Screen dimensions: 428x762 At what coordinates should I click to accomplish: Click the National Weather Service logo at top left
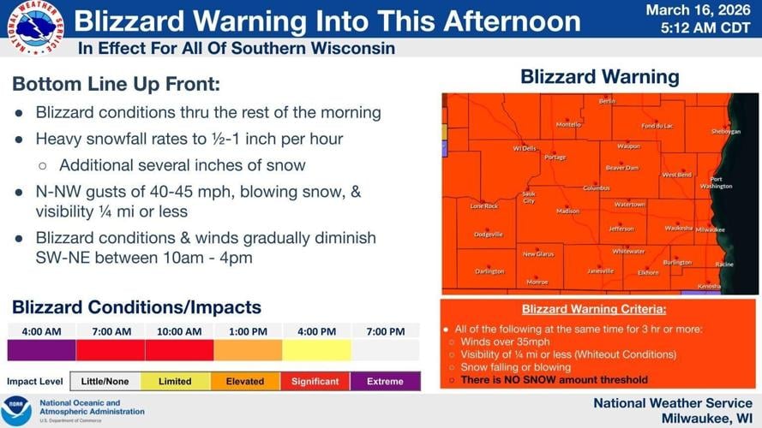click(x=34, y=29)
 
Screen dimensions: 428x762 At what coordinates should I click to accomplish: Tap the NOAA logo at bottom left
click(x=16, y=410)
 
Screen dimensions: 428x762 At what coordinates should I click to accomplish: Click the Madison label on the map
click(x=567, y=211)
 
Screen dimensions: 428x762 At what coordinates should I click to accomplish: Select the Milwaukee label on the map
click(x=710, y=229)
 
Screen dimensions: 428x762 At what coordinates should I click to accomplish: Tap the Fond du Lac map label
click(x=657, y=126)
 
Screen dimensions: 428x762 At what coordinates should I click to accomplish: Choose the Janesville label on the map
click(x=600, y=270)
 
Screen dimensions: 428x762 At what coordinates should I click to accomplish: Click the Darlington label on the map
click(x=489, y=271)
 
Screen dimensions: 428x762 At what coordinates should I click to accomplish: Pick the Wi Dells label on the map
click(x=525, y=148)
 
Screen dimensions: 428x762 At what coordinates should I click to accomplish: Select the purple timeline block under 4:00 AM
click(x=41, y=350)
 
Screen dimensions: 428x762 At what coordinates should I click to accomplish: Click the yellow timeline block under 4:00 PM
click(x=316, y=350)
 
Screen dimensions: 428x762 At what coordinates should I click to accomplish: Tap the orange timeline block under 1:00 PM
click(x=248, y=350)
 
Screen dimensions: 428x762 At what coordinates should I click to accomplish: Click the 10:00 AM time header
click(x=179, y=331)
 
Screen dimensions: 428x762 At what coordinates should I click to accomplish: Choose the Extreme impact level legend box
click(x=385, y=381)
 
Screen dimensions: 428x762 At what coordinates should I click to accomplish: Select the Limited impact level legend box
click(x=175, y=381)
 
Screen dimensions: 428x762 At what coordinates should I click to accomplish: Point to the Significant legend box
click(x=315, y=381)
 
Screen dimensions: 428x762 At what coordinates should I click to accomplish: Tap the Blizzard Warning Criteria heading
click(x=594, y=309)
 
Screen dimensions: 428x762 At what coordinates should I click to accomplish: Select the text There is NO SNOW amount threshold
click(x=554, y=379)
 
